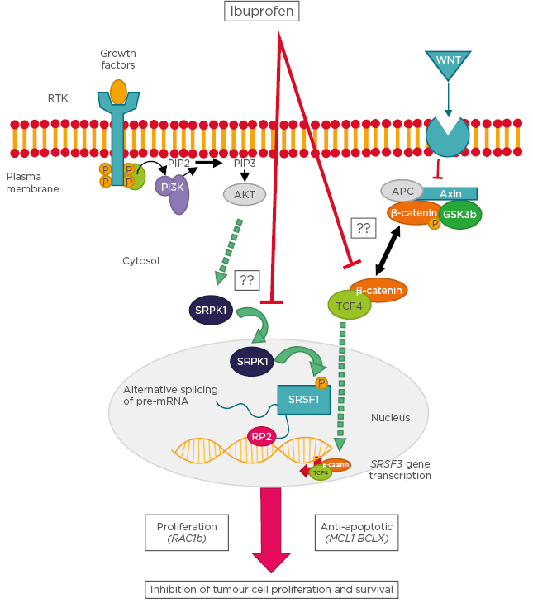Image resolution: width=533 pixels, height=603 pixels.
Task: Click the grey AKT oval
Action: [x=244, y=193]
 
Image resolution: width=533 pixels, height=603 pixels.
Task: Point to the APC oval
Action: [x=402, y=191]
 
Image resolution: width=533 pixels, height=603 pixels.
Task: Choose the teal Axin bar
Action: [x=450, y=192]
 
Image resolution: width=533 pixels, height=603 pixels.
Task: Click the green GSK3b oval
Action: [x=460, y=213]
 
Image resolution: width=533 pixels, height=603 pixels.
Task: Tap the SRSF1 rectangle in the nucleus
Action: [x=303, y=401]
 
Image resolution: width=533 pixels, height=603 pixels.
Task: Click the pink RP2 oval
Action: [x=262, y=436]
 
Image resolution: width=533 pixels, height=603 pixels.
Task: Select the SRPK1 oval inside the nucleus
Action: [x=254, y=362]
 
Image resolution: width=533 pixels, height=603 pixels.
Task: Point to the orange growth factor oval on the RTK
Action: [x=119, y=91]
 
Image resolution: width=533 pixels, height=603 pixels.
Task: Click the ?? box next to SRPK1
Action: [x=246, y=280]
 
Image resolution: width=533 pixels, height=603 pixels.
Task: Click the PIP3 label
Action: [x=245, y=163]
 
